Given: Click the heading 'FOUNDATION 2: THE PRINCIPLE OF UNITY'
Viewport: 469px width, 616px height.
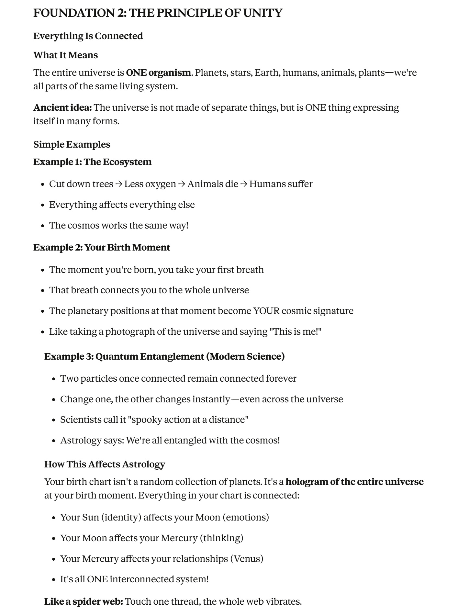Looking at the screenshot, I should click(x=158, y=13).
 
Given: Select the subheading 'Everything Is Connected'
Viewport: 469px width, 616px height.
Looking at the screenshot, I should click(x=88, y=36).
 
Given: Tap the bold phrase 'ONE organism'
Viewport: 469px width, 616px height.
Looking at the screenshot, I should click(x=158, y=73).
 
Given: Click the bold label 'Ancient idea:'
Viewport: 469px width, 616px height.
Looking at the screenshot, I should click(x=62, y=107).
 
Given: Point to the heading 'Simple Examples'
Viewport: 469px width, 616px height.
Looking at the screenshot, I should click(x=72, y=144).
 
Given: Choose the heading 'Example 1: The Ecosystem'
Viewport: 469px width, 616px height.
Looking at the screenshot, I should click(x=92, y=162).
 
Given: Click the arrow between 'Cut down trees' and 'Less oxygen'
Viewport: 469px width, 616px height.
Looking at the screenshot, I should click(x=119, y=184).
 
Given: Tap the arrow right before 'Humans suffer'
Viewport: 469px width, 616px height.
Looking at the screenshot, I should click(x=244, y=184).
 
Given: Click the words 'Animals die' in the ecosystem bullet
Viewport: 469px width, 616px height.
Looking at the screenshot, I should click(x=213, y=184).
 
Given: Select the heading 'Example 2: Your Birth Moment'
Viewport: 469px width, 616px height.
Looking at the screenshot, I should click(x=102, y=247).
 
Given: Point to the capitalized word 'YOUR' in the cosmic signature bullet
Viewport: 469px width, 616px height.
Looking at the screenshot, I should click(x=266, y=311).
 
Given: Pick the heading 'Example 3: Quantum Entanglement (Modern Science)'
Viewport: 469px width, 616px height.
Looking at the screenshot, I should click(x=164, y=356).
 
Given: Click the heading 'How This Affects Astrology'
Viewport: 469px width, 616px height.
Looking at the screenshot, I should click(x=105, y=464).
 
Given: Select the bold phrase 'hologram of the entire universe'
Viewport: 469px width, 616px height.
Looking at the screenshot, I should click(x=354, y=482).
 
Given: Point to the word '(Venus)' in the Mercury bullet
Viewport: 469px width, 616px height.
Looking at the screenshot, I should click(x=247, y=559).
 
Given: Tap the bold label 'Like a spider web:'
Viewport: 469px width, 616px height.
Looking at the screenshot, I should click(x=84, y=601).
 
